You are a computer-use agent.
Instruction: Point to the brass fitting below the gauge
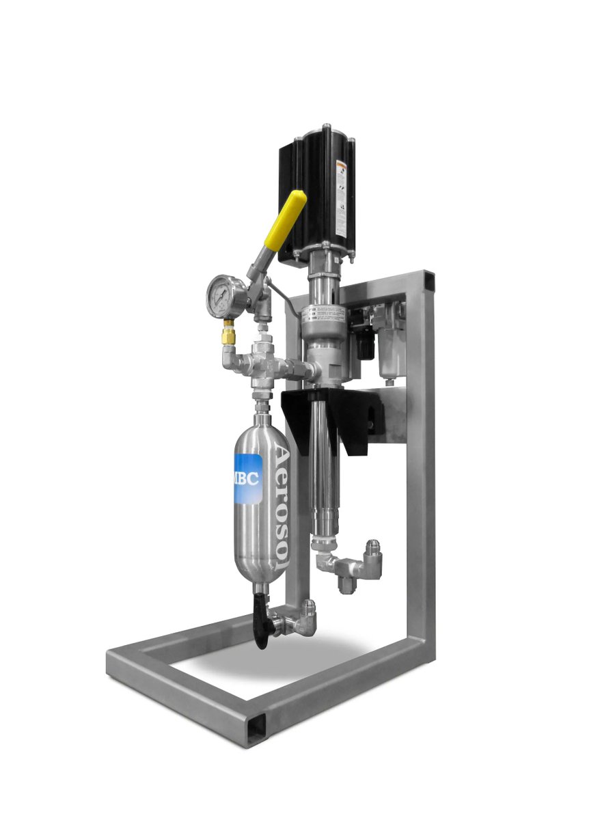coord(226,336)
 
